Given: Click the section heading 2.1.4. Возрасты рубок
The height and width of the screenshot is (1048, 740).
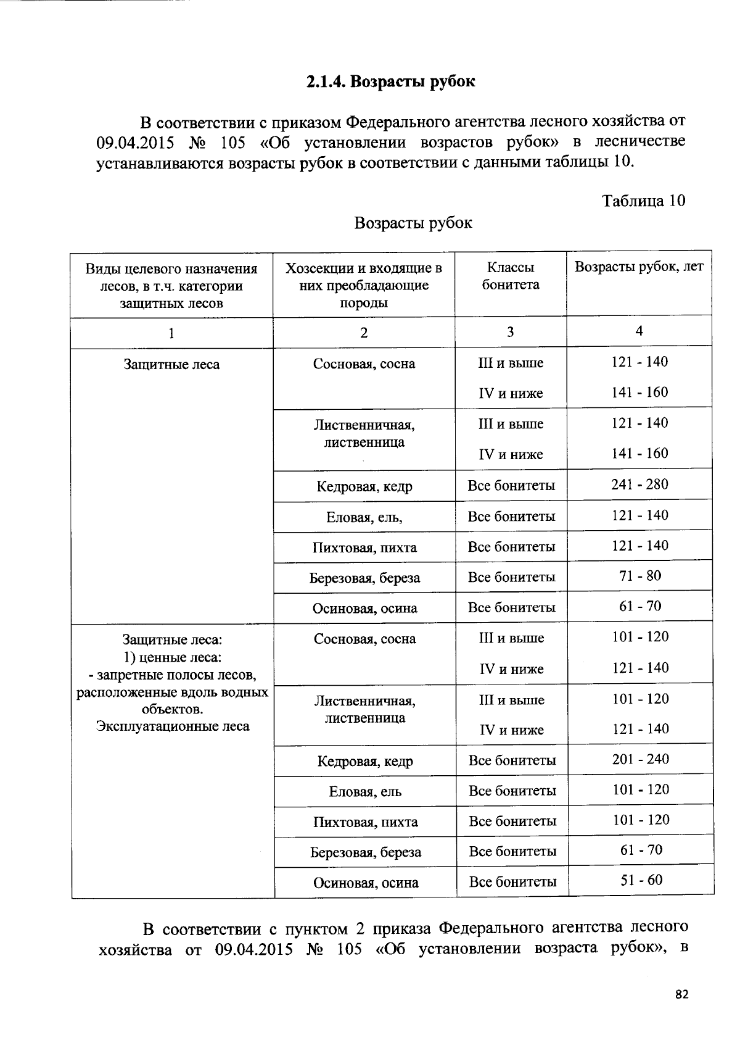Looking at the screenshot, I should tap(391, 81).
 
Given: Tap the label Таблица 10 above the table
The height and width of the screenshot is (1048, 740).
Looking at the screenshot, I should tap(644, 201).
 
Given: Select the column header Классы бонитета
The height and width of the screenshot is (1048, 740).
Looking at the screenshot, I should tap(511, 276).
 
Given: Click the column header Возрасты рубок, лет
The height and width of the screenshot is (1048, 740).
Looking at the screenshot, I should tap(639, 267).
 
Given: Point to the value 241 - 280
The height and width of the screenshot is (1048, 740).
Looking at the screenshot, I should tap(639, 484).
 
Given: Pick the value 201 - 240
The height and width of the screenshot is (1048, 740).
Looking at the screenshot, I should tap(640, 759).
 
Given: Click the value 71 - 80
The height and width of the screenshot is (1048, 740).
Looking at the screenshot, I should tap(640, 576).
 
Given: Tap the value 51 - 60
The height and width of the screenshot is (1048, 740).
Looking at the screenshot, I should tap(641, 880).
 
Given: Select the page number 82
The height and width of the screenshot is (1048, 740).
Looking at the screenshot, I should tap(681, 994).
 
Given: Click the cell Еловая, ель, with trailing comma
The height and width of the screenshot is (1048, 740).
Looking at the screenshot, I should tap(364, 517).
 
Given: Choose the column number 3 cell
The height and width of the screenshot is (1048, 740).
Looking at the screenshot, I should tap(510, 332).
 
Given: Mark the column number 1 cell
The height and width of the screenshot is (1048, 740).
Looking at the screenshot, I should tap(171, 333).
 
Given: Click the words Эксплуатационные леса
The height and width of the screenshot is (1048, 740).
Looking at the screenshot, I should tap(173, 726).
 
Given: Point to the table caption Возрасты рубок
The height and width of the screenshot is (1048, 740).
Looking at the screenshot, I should tap(413, 223).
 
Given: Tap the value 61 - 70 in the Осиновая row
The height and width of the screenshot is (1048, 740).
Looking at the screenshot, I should tap(640, 606).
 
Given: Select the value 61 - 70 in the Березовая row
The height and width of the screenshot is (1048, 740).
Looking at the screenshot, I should tap(641, 850).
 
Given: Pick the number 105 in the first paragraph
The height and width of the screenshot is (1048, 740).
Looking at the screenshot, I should tap(232, 143).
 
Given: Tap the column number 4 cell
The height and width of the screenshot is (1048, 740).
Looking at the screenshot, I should tap(639, 331).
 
